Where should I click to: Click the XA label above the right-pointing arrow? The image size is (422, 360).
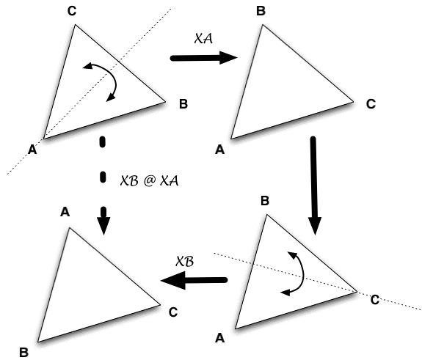(203, 38)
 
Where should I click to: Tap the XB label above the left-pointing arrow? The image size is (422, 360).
(185, 261)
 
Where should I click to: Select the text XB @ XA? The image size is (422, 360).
(149, 180)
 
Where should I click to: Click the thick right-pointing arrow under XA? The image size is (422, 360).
(203, 58)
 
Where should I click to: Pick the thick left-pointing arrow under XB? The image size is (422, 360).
(194, 280)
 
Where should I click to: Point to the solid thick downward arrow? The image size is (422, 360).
(314, 185)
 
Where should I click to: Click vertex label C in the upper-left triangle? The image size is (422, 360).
(72, 11)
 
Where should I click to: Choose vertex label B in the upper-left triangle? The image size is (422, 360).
(183, 104)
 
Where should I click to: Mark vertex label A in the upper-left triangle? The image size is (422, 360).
(32, 150)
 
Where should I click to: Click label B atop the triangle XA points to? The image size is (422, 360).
(261, 11)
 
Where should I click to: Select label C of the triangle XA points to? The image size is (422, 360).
(371, 104)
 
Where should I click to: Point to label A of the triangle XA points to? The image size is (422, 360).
(220, 150)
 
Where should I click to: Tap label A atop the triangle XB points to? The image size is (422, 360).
(65, 212)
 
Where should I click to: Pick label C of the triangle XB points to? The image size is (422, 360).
(173, 312)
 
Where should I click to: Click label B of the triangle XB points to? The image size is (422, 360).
(23, 352)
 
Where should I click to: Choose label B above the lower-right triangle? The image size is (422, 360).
(265, 201)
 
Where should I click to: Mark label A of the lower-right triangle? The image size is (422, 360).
(220, 338)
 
